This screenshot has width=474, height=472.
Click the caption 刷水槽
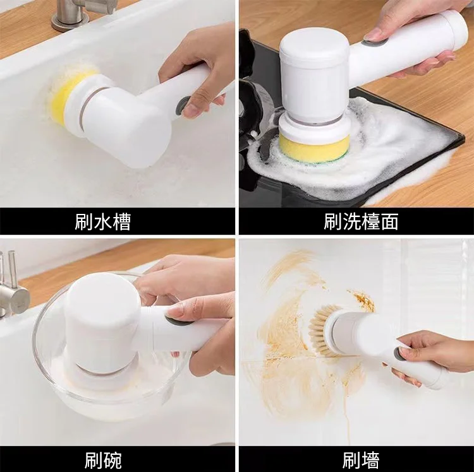103,222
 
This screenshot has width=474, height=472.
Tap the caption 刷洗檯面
361,221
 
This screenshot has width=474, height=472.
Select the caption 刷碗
103,460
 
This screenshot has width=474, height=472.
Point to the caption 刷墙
361,460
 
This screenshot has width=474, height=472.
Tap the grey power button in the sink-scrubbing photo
183,105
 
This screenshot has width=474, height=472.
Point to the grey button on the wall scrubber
400,354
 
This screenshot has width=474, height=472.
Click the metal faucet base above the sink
70,19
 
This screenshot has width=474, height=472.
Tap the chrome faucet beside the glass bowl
13,289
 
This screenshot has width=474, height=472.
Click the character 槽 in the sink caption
121,222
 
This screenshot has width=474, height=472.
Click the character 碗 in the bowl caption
112,460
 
